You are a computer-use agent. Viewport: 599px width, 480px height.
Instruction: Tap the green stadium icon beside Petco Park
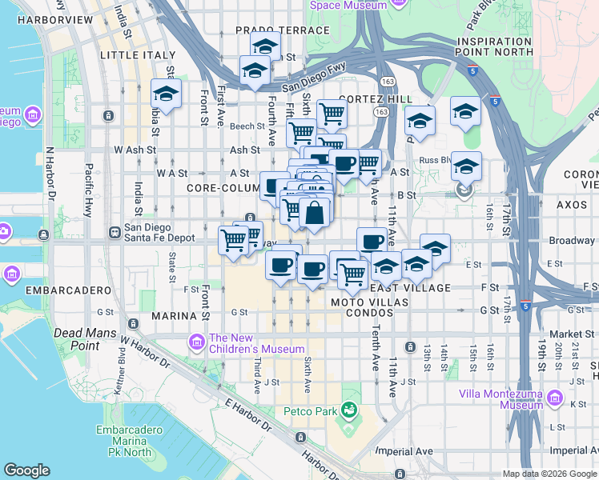tap(349, 411)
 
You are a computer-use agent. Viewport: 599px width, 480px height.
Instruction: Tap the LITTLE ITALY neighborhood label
tap(137, 55)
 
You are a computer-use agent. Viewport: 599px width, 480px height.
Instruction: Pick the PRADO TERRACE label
tap(271, 30)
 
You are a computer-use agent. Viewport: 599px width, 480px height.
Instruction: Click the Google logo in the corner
tap(26, 470)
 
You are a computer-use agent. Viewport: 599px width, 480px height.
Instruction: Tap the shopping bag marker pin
tap(316, 213)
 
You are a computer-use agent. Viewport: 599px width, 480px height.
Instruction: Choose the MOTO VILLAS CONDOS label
tap(370, 308)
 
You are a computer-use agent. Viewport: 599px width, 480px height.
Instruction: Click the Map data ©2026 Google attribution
tap(549, 474)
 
